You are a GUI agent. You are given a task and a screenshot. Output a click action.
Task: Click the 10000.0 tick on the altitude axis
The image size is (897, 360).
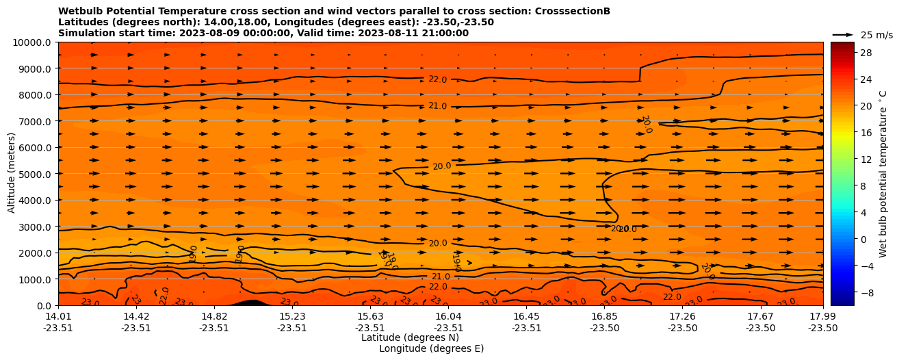click(34, 42)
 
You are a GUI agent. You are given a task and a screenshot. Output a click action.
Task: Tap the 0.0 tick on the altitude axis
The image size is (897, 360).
click(45, 305)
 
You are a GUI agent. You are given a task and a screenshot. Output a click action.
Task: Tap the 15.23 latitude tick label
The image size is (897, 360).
click(292, 316)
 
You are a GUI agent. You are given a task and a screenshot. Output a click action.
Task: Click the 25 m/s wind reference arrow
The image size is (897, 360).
click(843, 34)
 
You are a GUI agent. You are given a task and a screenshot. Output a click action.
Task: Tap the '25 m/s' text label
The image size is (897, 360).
click(876, 35)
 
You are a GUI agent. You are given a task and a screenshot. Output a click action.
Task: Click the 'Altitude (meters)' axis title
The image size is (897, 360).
click(12, 174)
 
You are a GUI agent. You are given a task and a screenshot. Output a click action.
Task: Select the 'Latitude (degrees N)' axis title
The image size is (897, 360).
click(410, 337)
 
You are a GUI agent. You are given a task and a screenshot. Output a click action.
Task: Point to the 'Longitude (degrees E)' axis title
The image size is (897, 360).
click(431, 348)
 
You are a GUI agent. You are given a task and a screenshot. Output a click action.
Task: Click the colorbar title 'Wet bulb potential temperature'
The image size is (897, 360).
click(883, 174)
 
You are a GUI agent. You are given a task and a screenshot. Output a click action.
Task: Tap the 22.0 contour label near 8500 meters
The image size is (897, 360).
click(437, 79)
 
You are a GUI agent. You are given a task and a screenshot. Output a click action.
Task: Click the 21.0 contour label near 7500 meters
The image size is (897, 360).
click(437, 106)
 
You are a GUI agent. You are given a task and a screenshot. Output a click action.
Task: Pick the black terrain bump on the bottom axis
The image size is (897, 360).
click(250, 302)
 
